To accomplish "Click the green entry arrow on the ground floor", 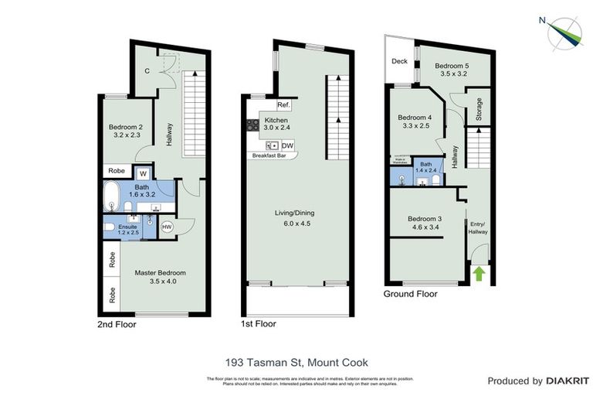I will [x=478, y=273].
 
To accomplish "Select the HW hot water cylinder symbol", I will [x=167, y=226].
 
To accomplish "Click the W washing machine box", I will [x=142, y=173].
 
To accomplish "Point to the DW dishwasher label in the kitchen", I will [x=287, y=145].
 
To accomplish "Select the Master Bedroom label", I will [x=161, y=272].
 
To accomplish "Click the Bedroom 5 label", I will [x=452, y=66].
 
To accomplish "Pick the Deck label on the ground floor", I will [x=399, y=62].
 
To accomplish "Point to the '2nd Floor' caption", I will [x=117, y=325].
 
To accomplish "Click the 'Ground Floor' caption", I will [x=411, y=294].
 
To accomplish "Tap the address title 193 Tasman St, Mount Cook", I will [x=296, y=362].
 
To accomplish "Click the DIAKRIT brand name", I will [x=568, y=381].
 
